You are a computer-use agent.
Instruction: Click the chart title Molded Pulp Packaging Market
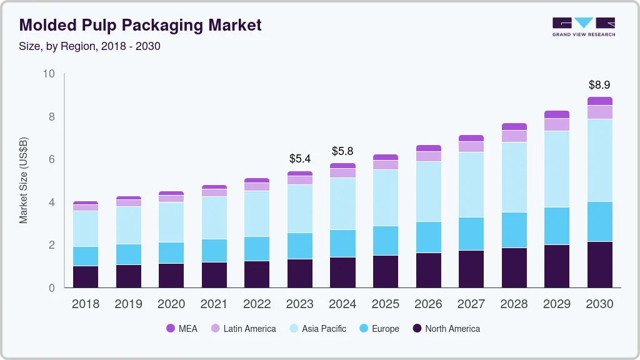point(141,25)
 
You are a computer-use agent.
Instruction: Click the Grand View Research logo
point(583,26)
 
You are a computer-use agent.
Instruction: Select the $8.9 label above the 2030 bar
point(599,84)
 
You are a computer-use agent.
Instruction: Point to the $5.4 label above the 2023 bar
point(300,159)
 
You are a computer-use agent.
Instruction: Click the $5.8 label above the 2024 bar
point(342,151)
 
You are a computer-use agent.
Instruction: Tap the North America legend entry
point(446,328)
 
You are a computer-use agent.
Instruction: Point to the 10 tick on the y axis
point(49,74)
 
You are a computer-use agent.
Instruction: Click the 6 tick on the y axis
point(52,159)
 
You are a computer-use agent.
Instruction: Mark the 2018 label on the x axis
point(85,304)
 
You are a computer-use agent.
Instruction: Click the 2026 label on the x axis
point(428,304)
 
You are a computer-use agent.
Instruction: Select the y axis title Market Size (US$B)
point(24,181)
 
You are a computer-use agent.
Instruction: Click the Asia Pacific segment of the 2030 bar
point(599,160)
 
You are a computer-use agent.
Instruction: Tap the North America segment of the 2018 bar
point(85,277)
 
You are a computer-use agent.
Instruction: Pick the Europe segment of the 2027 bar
point(471,234)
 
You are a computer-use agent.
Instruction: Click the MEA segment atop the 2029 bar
point(557,114)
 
